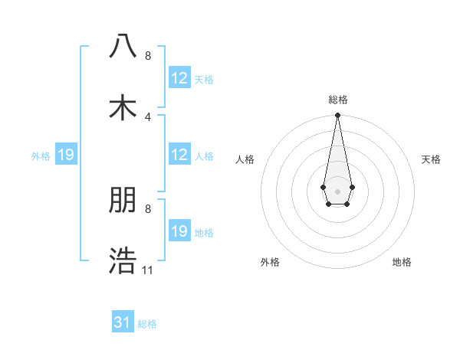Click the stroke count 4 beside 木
[148, 116]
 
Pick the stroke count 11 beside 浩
[148, 270]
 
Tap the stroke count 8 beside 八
[148, 56]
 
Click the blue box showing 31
[123, 322]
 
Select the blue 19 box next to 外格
[66, 155]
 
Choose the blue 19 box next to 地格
[179, 231]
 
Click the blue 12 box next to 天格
[179, 78]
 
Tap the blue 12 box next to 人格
[179, 155]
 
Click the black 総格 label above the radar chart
[337, 100]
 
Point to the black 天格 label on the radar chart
[431, 159]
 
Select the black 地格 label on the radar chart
[402, 262]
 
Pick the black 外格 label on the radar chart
[270, 262]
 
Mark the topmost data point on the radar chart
[337, 116]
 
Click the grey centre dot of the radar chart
[337, 190]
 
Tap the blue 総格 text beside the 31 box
[147, 324]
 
